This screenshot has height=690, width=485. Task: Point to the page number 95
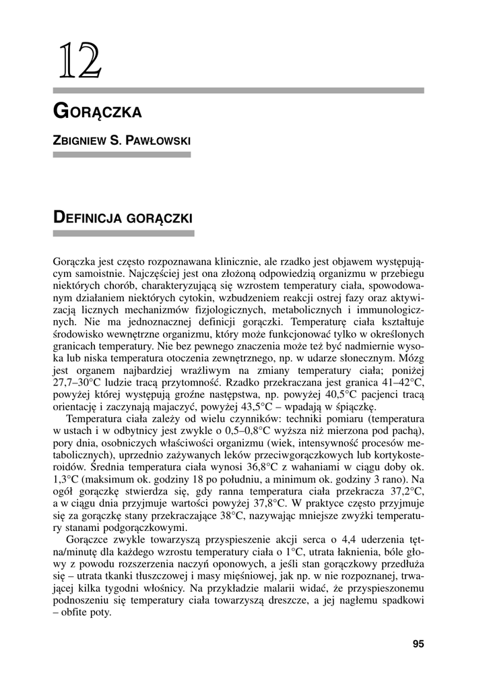point(418,644)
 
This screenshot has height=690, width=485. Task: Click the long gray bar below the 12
point(238,90)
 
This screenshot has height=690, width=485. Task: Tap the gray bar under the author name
point(121,155)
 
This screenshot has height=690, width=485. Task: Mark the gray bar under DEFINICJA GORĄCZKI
point(123,233)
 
